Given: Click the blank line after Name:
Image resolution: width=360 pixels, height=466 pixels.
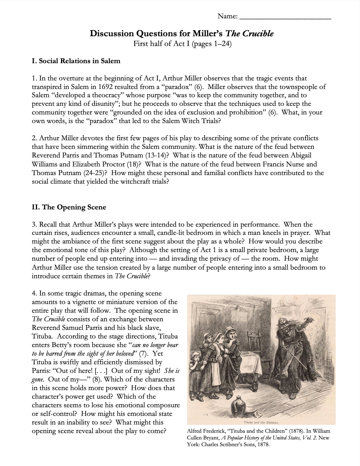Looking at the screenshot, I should pyautogui.click(x=285, y=17).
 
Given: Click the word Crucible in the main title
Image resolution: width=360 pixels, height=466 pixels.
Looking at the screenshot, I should pyautogui.click(x=258, y=34).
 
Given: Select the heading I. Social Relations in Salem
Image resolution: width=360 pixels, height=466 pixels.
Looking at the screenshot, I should pyautogui.click(x=76, y=61).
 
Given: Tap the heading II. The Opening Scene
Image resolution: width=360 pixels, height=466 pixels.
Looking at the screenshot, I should pyautogui.click(x=69, y=207).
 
